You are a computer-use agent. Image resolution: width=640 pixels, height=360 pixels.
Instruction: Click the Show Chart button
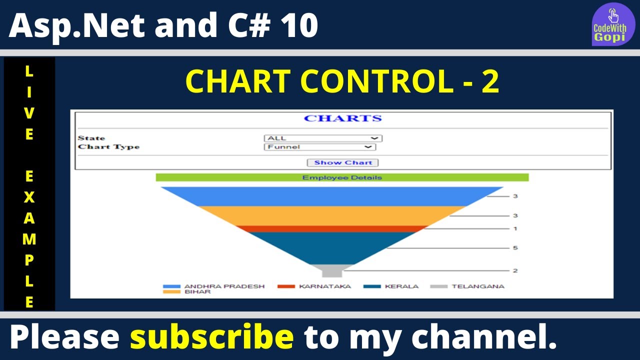(342, 162)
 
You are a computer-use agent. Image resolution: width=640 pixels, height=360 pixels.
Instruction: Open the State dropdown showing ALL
(323, 138)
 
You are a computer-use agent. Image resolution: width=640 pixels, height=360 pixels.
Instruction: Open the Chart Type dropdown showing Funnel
(320, 147)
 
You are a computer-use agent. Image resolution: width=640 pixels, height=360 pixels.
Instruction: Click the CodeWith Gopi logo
(613, 24)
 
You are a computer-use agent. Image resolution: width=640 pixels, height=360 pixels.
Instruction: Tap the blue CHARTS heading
(342, 118)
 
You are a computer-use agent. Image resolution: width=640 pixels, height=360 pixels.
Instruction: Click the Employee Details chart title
(342, 177)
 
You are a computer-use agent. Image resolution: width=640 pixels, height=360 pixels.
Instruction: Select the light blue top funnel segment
(332, 196)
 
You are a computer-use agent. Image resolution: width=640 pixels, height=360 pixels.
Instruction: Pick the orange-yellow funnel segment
(332, 215)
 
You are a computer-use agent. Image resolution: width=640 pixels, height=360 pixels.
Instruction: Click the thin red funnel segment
(332, 229)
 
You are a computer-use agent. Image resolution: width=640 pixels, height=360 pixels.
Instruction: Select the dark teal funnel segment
(332, 248)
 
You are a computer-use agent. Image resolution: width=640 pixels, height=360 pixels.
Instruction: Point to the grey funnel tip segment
(332, 270)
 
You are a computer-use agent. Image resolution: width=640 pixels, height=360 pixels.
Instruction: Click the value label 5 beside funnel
(515, 247)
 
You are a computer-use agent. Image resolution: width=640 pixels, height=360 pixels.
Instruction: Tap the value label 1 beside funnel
(515, 228)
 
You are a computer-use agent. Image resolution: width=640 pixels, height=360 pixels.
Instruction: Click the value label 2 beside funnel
(515, 270)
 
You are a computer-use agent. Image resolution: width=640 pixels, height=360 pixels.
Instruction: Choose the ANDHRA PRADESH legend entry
(213, 286)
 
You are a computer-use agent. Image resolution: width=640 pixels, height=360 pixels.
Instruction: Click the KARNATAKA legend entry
(314, 286)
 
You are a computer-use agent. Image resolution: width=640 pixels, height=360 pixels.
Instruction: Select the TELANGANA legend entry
(467, 286)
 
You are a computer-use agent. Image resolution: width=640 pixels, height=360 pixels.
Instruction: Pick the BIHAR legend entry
(186, 291)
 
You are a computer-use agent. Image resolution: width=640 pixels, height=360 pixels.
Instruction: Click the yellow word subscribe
(211, 336)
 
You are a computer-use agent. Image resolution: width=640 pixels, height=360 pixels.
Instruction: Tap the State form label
(91, 138)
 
